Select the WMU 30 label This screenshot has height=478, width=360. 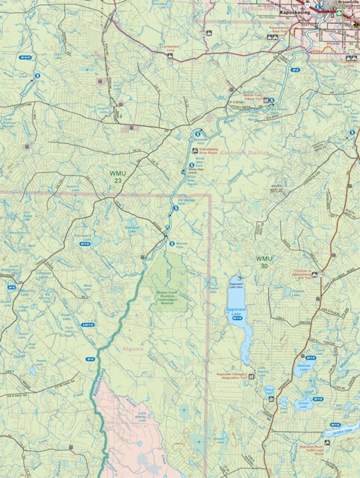tap(265, 262)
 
